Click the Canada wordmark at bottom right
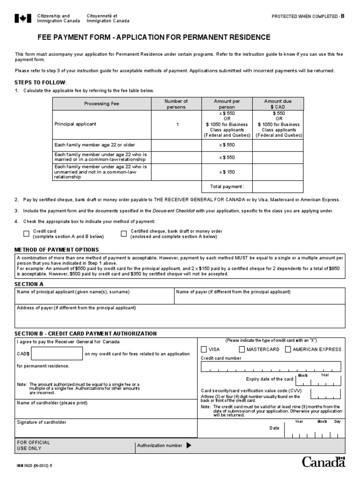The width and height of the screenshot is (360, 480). tap(323, 462)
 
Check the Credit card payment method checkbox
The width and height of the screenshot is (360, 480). tap(26, 233)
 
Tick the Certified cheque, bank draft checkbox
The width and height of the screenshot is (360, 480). tap(124, 233)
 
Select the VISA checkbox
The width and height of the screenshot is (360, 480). tap(203, 349)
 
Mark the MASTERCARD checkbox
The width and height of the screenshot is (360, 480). tap(242, 349)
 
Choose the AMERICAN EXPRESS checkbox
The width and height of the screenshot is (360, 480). tap(288, 349)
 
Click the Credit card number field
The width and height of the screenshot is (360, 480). tap(271, 367)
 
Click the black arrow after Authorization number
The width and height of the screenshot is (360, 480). tap(189, 445)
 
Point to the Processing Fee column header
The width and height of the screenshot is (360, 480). tap(101, 104)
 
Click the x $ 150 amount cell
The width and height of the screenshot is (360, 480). tap(227, 172)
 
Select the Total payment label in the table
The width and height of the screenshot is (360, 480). tap(227, 187)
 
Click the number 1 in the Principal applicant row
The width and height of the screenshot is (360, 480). tap(177, 124)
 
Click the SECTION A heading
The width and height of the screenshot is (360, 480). tap(29, 284)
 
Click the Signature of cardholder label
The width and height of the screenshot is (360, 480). tap(42, 422)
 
